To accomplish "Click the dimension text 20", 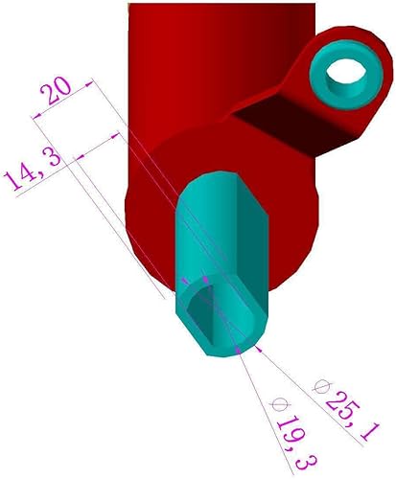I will pyautogui.click(x=54, y=92).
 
